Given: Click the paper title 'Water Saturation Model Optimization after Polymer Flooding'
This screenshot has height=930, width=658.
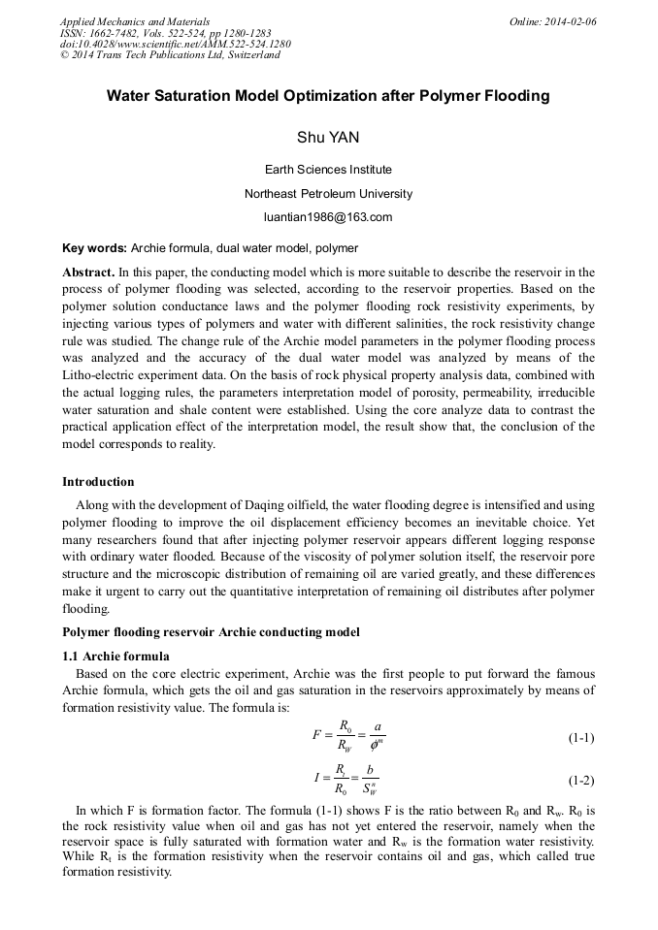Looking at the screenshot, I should (x=328, y=96).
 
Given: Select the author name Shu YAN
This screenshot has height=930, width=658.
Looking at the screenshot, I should (x=328, y=138).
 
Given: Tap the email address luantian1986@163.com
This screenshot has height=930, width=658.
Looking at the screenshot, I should (x=328, y=216).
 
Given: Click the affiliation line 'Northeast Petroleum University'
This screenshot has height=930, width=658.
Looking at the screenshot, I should (x=328, y=193).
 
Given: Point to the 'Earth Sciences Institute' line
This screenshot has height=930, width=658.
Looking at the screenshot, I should (x=328, y=170).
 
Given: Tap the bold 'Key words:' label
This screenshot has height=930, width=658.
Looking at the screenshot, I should (x=94, y=248).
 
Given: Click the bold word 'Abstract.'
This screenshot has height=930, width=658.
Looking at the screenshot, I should (x=89, y=273).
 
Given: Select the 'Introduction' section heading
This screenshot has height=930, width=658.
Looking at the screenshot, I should (x=98, y=481).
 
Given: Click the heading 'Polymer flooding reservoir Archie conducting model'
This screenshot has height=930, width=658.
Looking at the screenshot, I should (x=211, y=632).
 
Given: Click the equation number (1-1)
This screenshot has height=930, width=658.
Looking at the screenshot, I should (x=580, y=739).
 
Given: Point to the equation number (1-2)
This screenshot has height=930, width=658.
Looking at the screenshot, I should (x=580, y=781).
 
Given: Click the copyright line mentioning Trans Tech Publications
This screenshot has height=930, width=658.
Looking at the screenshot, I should (x=170, y=55).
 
